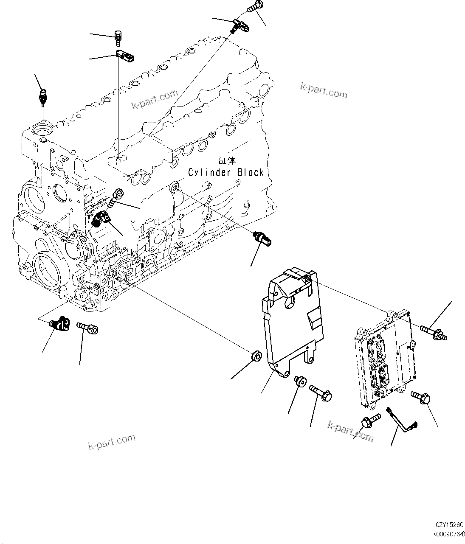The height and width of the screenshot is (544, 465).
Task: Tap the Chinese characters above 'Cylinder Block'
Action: click(x=227, y=160)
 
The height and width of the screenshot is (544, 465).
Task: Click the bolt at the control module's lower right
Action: click(x=421, y=398)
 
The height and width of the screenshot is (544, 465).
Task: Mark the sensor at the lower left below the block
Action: click(x=60, y=324)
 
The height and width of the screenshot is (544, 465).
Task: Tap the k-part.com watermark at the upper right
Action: click(x=324, y=90)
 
